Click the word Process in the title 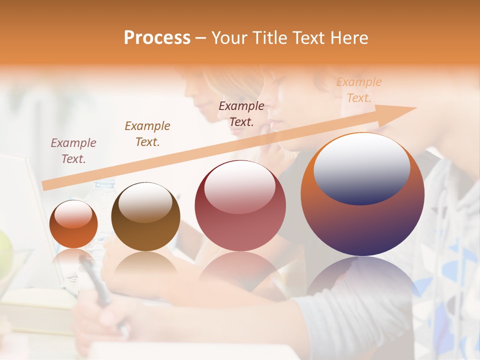tap(157, 37)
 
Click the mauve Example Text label tap(73, 151)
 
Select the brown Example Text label tap(147, 134)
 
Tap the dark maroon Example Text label tap(241, 113)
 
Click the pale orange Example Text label tap(358, 90)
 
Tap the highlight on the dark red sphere tap(240, 187)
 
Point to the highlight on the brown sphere tap(145, 202)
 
